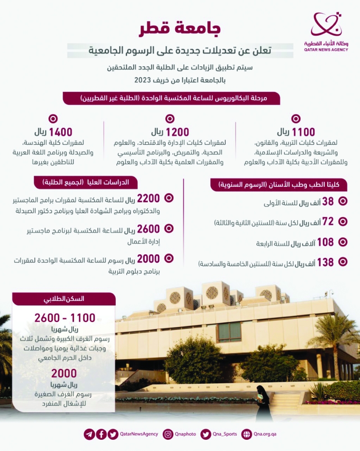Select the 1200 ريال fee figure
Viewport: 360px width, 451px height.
coord(170,132)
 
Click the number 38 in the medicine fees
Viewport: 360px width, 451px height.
coord(328,202)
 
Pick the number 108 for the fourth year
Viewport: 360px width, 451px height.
coord(324,242)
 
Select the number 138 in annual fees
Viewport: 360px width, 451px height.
coord(324,262)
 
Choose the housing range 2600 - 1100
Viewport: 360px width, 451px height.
coord(65,318)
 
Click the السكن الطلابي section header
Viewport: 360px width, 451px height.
coord(64,299)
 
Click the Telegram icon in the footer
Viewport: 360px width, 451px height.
coord(89,434)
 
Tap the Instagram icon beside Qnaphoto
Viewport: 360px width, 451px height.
coord(168,434)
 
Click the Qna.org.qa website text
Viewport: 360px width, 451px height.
coord(264,434)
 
